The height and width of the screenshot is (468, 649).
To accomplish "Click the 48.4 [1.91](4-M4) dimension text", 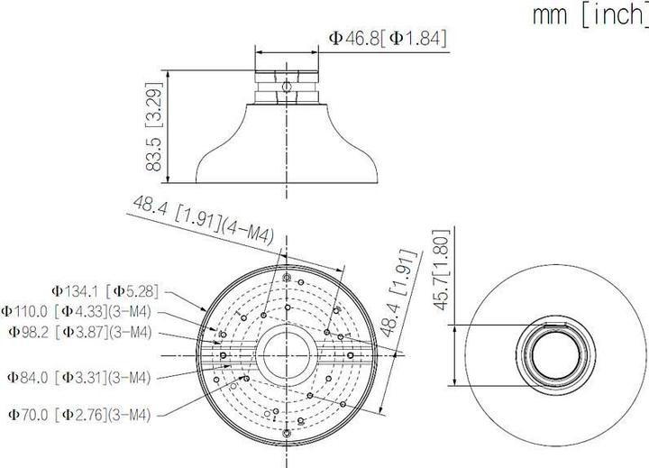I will pyautogui.click(x=203, y=219).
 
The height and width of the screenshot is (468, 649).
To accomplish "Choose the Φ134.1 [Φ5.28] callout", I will pyautogui.click(x=105, y=290).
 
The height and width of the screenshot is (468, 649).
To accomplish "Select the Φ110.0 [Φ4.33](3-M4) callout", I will pyautogui.click(x=89, y=311).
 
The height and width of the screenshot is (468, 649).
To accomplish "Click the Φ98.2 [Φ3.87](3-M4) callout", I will pyautogui.click(x=93, y=332).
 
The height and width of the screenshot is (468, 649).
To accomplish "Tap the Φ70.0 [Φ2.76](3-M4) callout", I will pyautogui.click(x=92, y=414).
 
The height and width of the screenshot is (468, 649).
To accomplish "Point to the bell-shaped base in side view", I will pyautogui.click(x=287, y=149).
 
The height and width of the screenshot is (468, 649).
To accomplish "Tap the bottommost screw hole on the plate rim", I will pyautogui.click(x=287, y=436).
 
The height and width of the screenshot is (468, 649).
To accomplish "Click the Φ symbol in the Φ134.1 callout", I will pyautogui.click(x=56, y=290).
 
